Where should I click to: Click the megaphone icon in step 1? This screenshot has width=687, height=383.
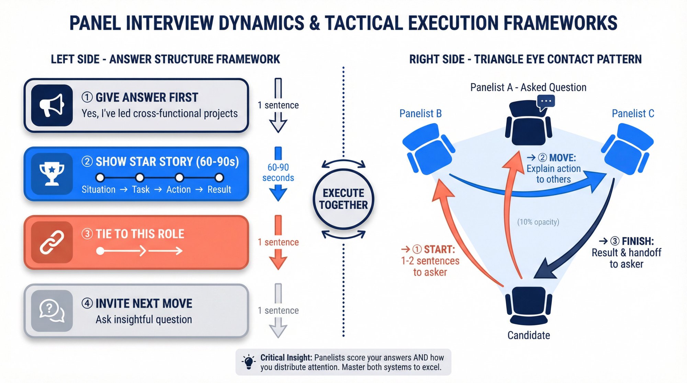52,105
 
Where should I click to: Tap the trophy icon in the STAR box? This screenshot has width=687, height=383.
52,174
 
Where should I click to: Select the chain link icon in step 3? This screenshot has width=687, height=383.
52,242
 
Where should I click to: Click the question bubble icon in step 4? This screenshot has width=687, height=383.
52,311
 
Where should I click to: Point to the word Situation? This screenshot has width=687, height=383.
99,189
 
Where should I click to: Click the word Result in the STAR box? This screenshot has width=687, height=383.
219,189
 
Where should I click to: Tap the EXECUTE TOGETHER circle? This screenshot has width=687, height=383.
343,199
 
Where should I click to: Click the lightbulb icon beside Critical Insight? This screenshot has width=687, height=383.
249,362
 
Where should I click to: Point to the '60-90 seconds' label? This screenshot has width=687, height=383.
278,173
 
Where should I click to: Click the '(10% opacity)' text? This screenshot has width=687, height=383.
538,222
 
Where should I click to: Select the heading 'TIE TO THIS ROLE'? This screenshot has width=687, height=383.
140,234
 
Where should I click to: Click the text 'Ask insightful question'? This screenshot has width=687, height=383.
144,320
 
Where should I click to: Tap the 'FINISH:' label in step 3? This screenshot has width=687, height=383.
638,241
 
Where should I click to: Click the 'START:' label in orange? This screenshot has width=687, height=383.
439,249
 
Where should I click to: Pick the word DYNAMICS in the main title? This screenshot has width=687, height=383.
261,23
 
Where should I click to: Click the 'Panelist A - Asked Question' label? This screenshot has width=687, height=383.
528,88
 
